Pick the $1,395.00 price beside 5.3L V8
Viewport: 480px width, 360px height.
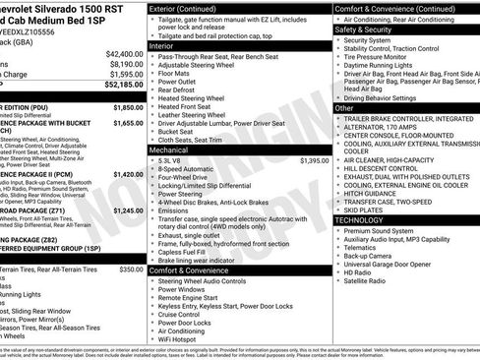click(x=315, y=159)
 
